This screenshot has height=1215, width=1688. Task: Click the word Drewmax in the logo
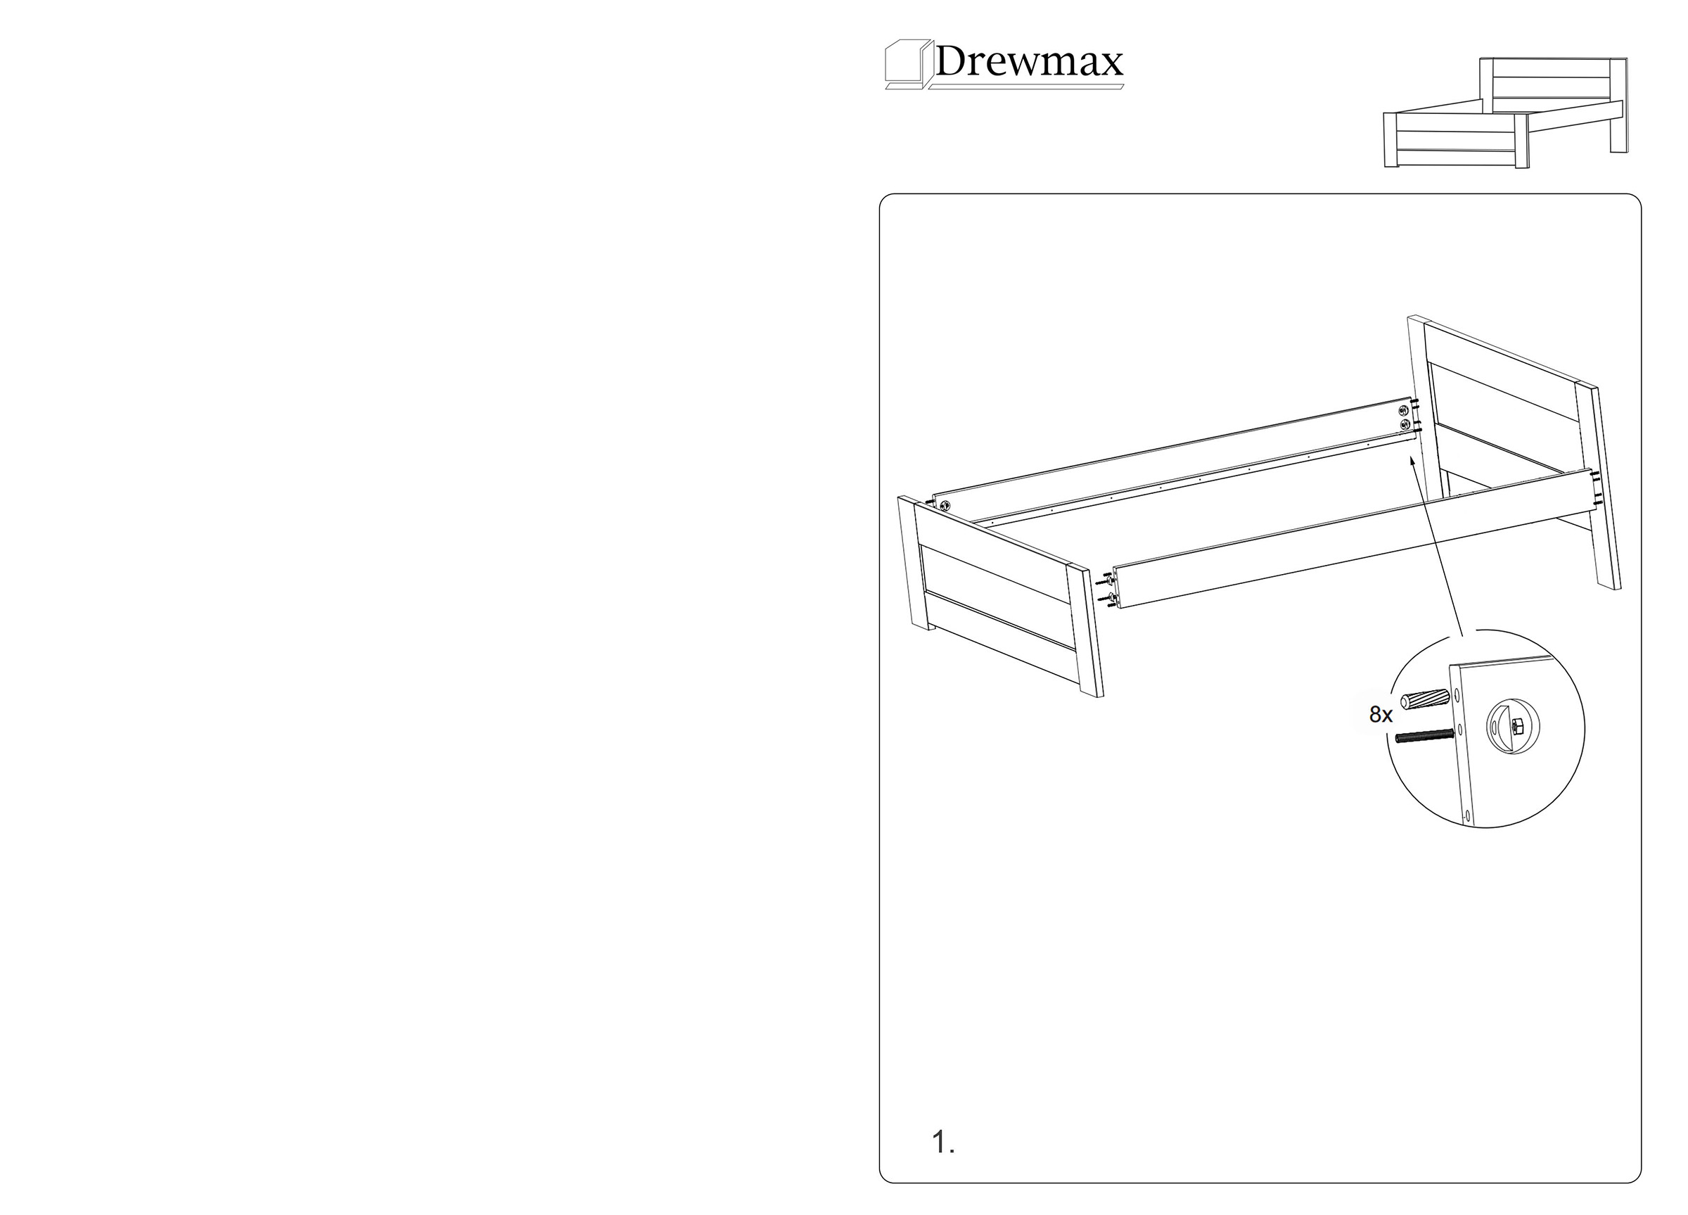[1028, 61]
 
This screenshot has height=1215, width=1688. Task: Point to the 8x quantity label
[1381, 715]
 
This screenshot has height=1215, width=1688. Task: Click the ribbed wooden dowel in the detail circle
[1424, 700]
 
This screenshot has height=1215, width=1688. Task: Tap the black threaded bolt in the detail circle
[1424, 737]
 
